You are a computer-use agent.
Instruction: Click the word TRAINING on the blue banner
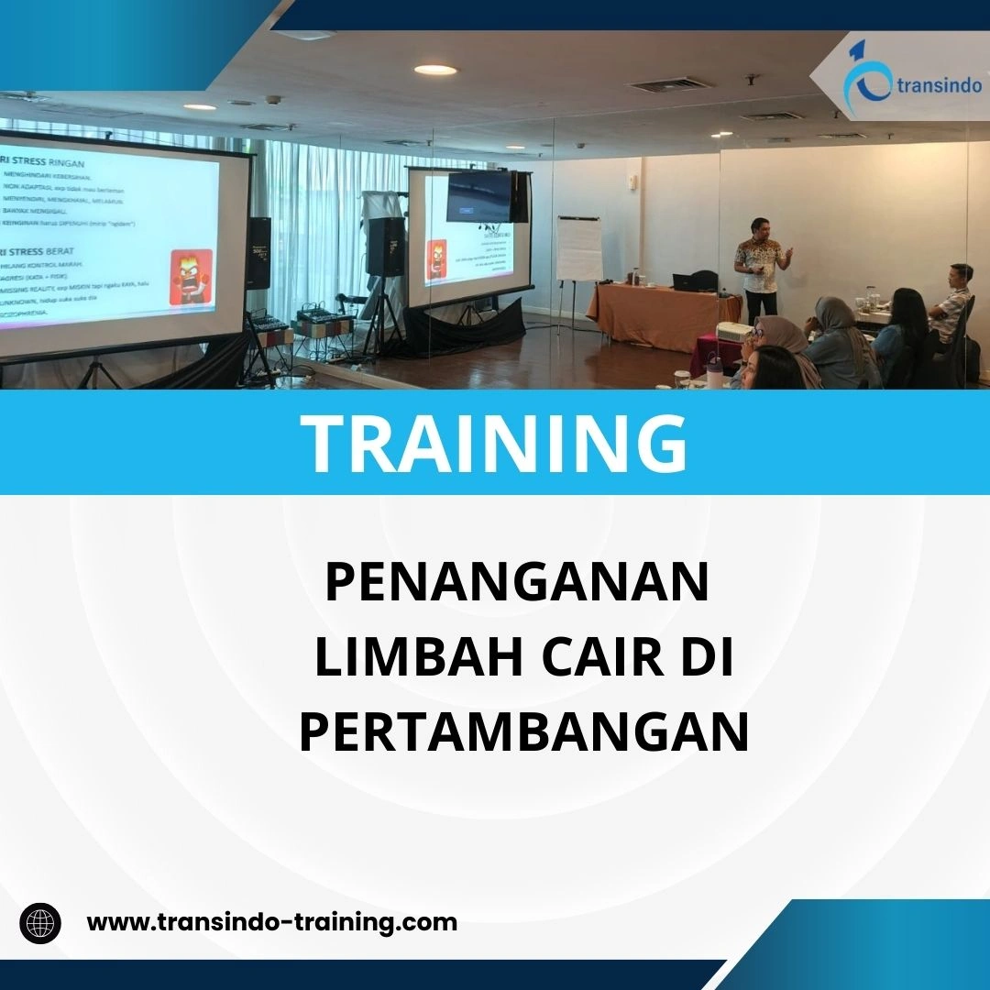[x=495, y=443]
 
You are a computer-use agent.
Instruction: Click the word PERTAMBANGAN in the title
[x=523, y=733]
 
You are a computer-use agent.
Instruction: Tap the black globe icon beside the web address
[x=40, y=922]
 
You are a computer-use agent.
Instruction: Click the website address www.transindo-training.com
[x=271, y=922]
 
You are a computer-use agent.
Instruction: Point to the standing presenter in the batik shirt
[x=760, y=266]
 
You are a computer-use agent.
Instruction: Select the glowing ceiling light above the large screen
[x=434, y=70]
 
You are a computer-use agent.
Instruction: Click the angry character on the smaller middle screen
[x=436, y=261]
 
